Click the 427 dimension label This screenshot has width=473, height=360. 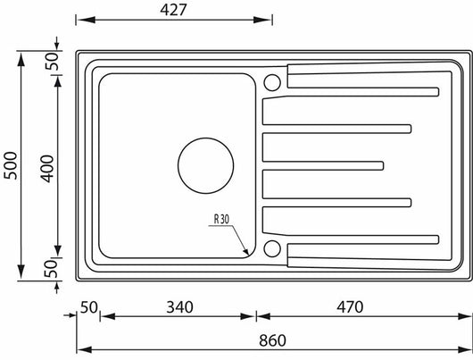click(173, 10)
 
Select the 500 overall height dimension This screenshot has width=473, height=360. click(11, 165)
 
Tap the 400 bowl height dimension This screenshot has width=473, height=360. click(47, 169)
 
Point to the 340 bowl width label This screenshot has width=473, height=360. click(179, 307)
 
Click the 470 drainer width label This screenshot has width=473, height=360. click(350, 307)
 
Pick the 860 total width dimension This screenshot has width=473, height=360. click(272, 340)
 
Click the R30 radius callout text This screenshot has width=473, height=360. click(221, 219)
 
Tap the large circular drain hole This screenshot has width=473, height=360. click(206, 166)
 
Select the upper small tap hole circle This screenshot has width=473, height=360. click(272, 82)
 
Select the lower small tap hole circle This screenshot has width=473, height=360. click(272, 248)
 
